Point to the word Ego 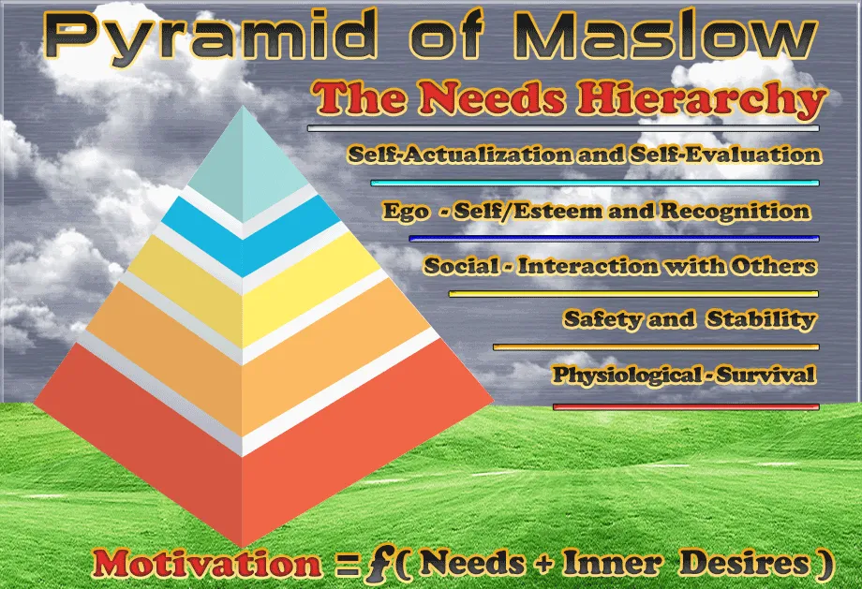pyautogui.click(x=406, y=212)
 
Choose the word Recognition pyautogui.click(x=735, y=211)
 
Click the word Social pyautogui.click(x=459, y=266)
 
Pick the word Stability pyautogui.click(x=761, y=318)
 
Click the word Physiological pyautogui.click(x=626, y=375)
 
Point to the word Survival pyautogui.click(x=765, y=375)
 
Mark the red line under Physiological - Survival pyautogui.click(x=686, y=407)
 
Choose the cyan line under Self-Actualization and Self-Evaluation pyautogui.click(x=595, y=183)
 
